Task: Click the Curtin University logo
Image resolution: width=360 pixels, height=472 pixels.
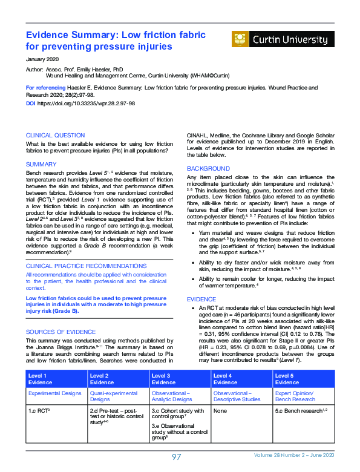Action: pos(283,39)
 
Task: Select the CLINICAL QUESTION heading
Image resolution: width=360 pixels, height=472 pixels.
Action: pos(55,135)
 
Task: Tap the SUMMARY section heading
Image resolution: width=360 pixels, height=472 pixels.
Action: pos(41,164)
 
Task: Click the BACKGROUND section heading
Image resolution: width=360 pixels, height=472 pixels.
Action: pos(208,168)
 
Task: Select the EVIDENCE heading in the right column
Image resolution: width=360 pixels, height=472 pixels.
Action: pos(201,299)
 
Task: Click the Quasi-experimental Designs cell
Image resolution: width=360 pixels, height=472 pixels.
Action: pos(116,396)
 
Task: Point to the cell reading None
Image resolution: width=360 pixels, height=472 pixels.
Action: pos(220,411)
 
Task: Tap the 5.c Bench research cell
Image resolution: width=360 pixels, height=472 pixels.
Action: pos(300,411)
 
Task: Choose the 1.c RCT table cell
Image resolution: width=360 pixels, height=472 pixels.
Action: pos(39,411)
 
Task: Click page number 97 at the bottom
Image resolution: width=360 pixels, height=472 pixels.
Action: pos(176,457)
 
